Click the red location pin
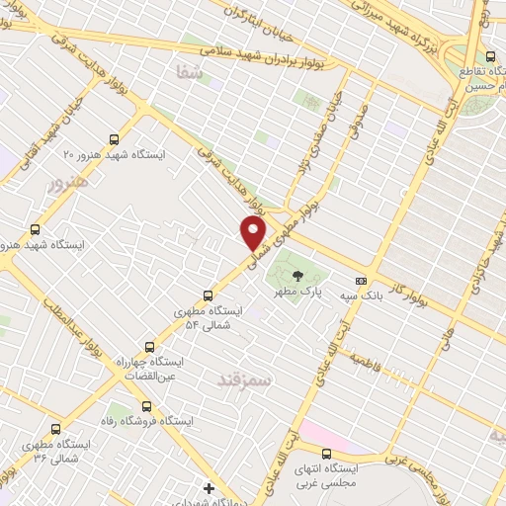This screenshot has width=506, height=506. (254, 233)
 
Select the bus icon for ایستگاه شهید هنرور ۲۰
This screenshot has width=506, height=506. (115, 139)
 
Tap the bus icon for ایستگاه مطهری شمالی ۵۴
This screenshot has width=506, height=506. (208, 295)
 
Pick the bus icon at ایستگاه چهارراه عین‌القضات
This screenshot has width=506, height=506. (149, 347)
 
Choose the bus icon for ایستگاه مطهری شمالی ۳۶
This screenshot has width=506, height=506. (54, 430)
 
